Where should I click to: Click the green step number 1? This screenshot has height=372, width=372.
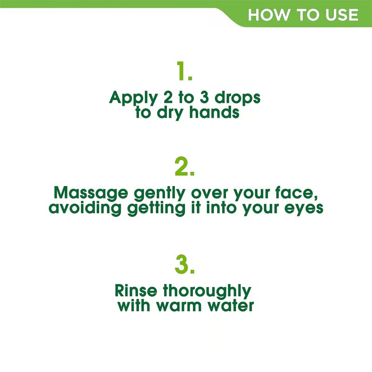(x=184, y=71)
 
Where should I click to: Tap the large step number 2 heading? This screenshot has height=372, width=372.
(x=184, y=166)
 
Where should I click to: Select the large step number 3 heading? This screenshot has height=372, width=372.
(x=185, y=264)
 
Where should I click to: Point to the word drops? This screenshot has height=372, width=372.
(x=238, y=98)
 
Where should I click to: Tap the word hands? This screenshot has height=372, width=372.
(x=214, y=112)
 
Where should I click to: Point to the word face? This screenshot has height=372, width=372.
(x=296, y=193)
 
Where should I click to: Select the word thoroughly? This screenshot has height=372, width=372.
(x=207, y=292)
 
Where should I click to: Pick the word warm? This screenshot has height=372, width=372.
(x=179, y=306)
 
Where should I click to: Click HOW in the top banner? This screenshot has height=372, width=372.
(x=269, y=15)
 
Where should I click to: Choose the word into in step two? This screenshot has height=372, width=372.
(x=221, y=207)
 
